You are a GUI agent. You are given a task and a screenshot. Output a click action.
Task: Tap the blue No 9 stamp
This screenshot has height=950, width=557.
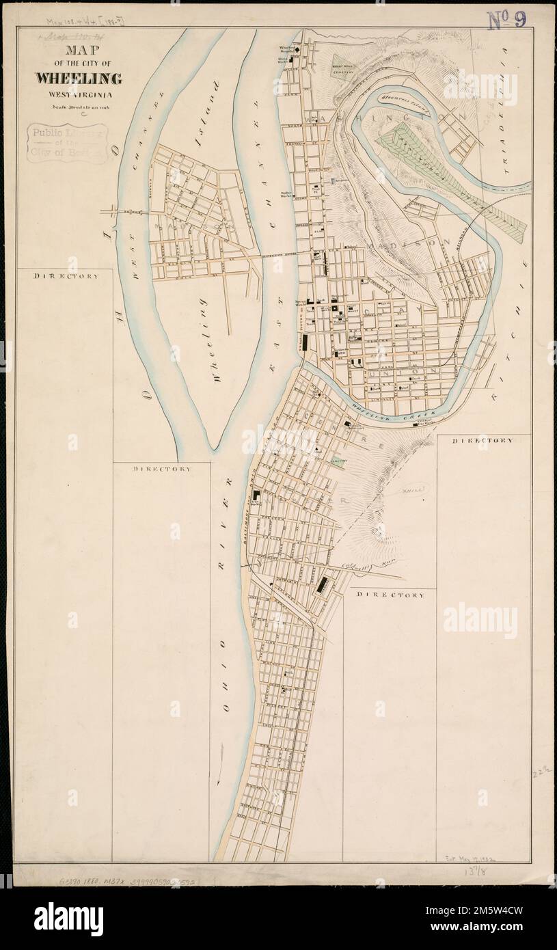coord(506,20)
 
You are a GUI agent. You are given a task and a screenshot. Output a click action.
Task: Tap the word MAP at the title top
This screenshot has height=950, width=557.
coord(79,51)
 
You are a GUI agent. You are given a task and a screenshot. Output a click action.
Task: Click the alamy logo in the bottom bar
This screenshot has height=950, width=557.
coord(68,919)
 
